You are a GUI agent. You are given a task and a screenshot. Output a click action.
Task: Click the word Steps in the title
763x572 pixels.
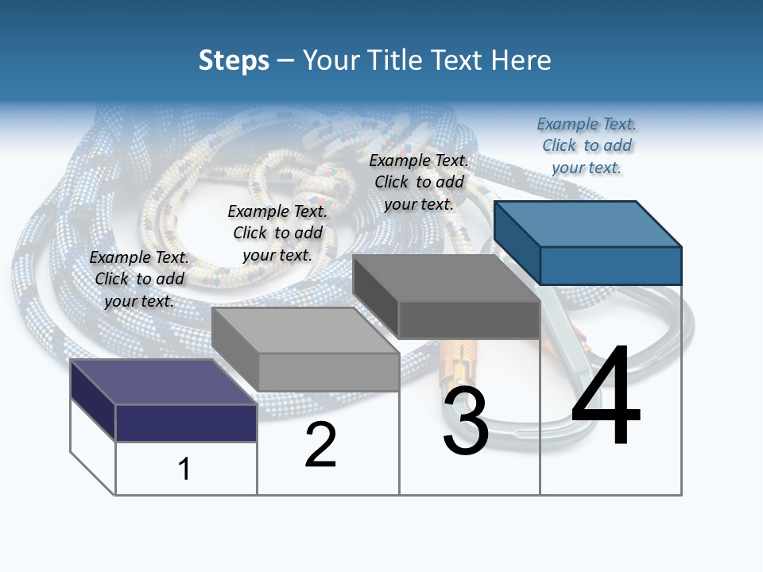click(x=234, y=60)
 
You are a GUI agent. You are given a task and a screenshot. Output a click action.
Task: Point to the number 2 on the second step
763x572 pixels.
click(x=321, y=445)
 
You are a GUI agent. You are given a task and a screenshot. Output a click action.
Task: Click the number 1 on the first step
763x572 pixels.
click(x=184, y=469)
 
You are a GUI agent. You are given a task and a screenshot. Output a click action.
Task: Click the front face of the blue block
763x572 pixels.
click(x=610, y=265)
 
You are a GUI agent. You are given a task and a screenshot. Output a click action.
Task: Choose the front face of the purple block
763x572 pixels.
click(x=186, y=423)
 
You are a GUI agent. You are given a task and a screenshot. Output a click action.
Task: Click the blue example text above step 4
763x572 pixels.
click(x=587, y=146)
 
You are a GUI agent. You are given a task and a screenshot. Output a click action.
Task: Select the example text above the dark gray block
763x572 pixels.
click(x=419, y=182)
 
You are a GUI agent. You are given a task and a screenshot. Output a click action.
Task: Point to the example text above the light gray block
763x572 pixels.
click(x=277, y=233)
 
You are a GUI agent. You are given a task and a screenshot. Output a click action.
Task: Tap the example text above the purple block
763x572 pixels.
click(x=139, y=279)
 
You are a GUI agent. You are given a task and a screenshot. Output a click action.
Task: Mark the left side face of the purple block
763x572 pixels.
click(x=93, y=400)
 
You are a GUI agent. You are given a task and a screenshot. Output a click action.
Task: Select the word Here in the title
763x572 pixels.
click(x=522, y=60)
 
